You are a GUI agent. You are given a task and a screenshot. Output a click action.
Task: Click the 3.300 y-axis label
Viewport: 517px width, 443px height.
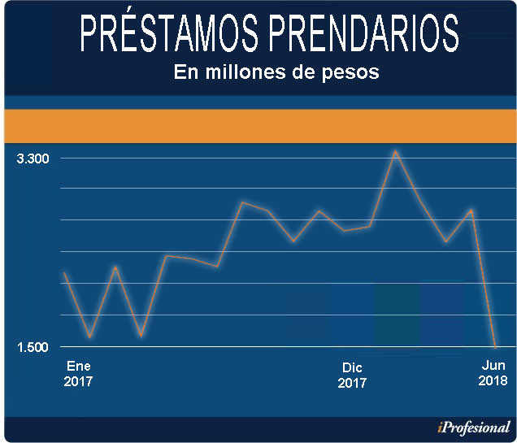pos(33,158)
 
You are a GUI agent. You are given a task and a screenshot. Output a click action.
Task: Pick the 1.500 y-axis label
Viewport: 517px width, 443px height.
pos(33,347)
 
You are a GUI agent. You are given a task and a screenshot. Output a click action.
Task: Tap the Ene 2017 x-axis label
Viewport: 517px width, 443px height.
pos(78,372)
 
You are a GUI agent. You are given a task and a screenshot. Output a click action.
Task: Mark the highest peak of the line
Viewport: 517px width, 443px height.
pos(395,151)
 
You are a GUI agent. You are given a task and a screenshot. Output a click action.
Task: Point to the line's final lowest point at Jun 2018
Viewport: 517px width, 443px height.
pos(495,346)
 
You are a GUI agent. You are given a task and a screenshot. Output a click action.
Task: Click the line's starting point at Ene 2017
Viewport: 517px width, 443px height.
pos(64,274)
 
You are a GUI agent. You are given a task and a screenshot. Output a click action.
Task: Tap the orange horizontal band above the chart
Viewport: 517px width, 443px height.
pos(258,125)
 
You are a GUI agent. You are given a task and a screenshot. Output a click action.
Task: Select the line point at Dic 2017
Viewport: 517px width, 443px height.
pos(345,231)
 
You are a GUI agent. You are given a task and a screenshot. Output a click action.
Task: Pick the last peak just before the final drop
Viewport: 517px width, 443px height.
pos(471,210)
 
